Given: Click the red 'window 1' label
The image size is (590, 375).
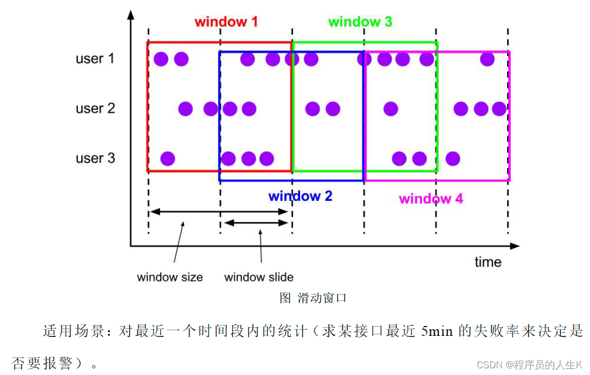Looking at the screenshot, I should (x=226, y=22).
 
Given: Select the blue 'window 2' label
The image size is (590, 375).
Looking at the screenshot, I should (x=300, y=196).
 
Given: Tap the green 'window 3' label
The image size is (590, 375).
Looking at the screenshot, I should (x=360, y=22).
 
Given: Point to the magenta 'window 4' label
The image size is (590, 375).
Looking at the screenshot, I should (x=431, y=199).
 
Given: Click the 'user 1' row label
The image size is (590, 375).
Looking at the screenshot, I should (x=95, y=59).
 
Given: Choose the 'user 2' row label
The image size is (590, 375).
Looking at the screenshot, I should (x=95, y=109).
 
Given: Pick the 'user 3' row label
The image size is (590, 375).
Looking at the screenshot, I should (x=95, y=158).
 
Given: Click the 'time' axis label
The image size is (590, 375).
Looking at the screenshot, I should (x=488, y=262).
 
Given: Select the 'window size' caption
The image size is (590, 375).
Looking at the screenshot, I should (x=170, y=277).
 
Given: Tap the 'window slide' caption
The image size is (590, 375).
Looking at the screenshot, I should (x=259, y=277).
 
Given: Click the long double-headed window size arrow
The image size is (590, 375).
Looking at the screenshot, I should (x=218, y=211).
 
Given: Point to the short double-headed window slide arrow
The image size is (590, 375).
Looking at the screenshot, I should (x=256, y=223).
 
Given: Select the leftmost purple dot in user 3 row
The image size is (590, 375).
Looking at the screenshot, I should (x=167, y=158).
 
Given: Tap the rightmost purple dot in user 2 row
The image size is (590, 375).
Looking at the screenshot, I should (x=499, y=109).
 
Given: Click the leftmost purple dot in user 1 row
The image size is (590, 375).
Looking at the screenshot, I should (x=161, y=59).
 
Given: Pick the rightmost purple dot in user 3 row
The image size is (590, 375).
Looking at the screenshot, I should (x=453, y=158).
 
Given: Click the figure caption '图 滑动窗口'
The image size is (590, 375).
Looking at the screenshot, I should (x=313, y=298).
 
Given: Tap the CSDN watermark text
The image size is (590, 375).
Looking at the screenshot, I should (x=533, y=365).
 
